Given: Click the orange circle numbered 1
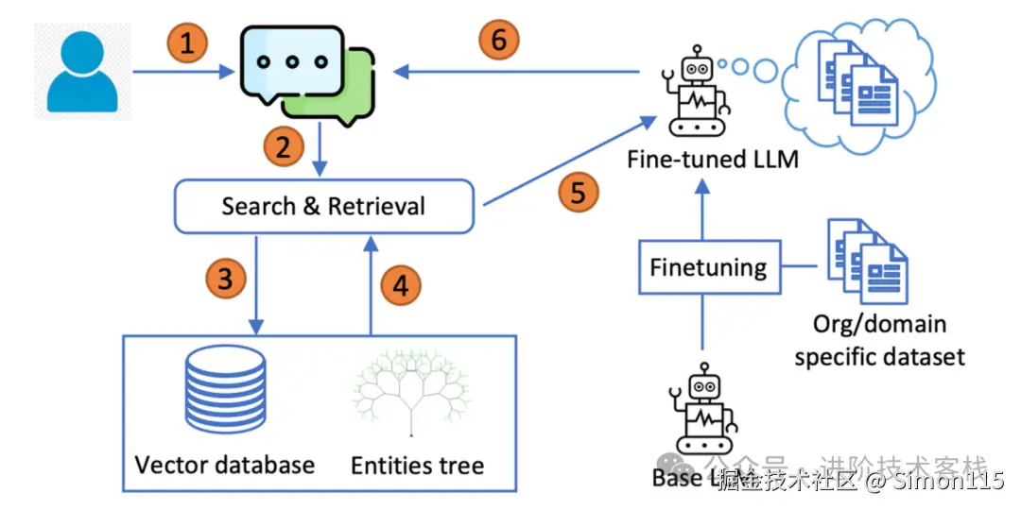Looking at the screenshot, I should [187, 43].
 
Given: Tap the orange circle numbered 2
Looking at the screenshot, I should [284, 147].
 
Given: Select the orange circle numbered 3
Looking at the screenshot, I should [226, 280].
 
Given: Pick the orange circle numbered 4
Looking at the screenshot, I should [402, 285].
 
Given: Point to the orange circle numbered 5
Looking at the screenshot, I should [579, 193].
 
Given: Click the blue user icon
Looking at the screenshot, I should [82, 72].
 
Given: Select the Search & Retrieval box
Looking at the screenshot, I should [323, 206].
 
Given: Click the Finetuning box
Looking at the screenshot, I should [708, 268].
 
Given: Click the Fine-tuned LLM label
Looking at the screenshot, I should [713, 159].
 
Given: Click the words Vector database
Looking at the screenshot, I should [225, 465].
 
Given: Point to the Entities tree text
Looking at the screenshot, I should [417, 466].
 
